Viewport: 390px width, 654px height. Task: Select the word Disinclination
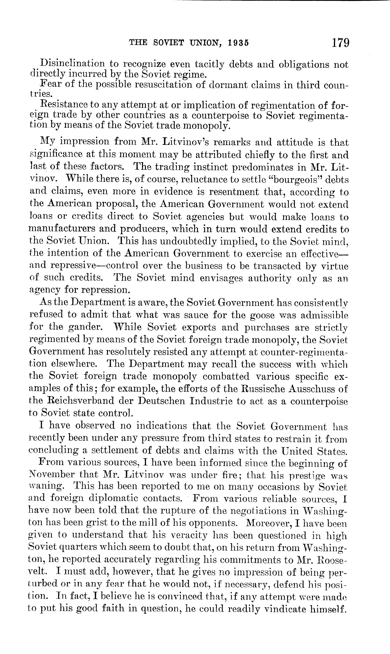coord(72,64)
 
